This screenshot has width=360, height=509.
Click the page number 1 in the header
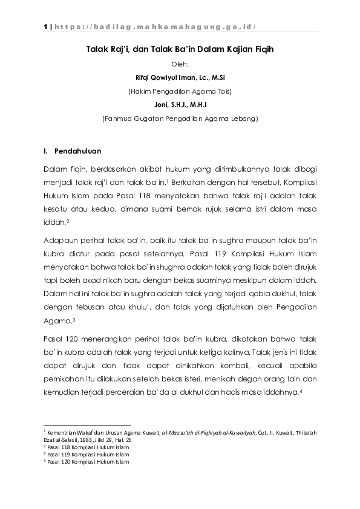45,27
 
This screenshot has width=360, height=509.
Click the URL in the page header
155,27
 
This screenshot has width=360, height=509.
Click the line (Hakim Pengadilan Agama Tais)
180,91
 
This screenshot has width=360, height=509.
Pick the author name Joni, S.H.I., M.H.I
180,105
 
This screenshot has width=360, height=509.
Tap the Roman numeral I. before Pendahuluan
46,151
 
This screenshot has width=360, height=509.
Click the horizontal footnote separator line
87,424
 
